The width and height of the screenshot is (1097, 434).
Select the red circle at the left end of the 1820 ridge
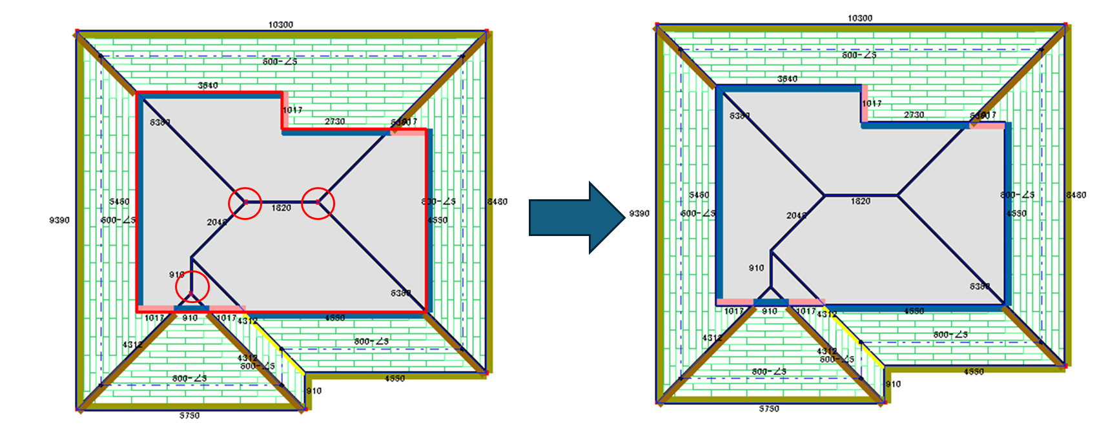tap(245, 202)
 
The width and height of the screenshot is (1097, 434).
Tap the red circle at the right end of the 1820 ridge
tap(318, 202)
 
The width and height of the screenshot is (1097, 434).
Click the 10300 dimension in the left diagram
tap(280, 25)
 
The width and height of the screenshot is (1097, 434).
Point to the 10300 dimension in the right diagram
tap(859, 18)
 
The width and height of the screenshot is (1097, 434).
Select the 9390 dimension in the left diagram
tap(59, 220)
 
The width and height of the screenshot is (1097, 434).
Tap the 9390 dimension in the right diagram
tap(639, 213)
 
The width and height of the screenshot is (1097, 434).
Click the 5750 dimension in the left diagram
tap(189, 415)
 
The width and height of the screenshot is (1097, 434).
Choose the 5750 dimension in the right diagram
tap(769, 409)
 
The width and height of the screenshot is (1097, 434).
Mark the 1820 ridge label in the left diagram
tap(281, 208)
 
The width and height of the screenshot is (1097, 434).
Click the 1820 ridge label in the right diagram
tap(860, 201)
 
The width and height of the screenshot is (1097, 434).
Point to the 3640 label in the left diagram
tap(207, 85)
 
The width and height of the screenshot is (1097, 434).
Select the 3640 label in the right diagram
tap(787, 79)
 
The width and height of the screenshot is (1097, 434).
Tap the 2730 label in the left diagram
tap(334, 121)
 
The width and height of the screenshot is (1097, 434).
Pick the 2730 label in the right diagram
tap(914, 115)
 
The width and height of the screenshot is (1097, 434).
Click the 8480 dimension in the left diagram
tap(497, 201)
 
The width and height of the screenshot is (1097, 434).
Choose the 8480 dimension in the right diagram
tap(1076, 195)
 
